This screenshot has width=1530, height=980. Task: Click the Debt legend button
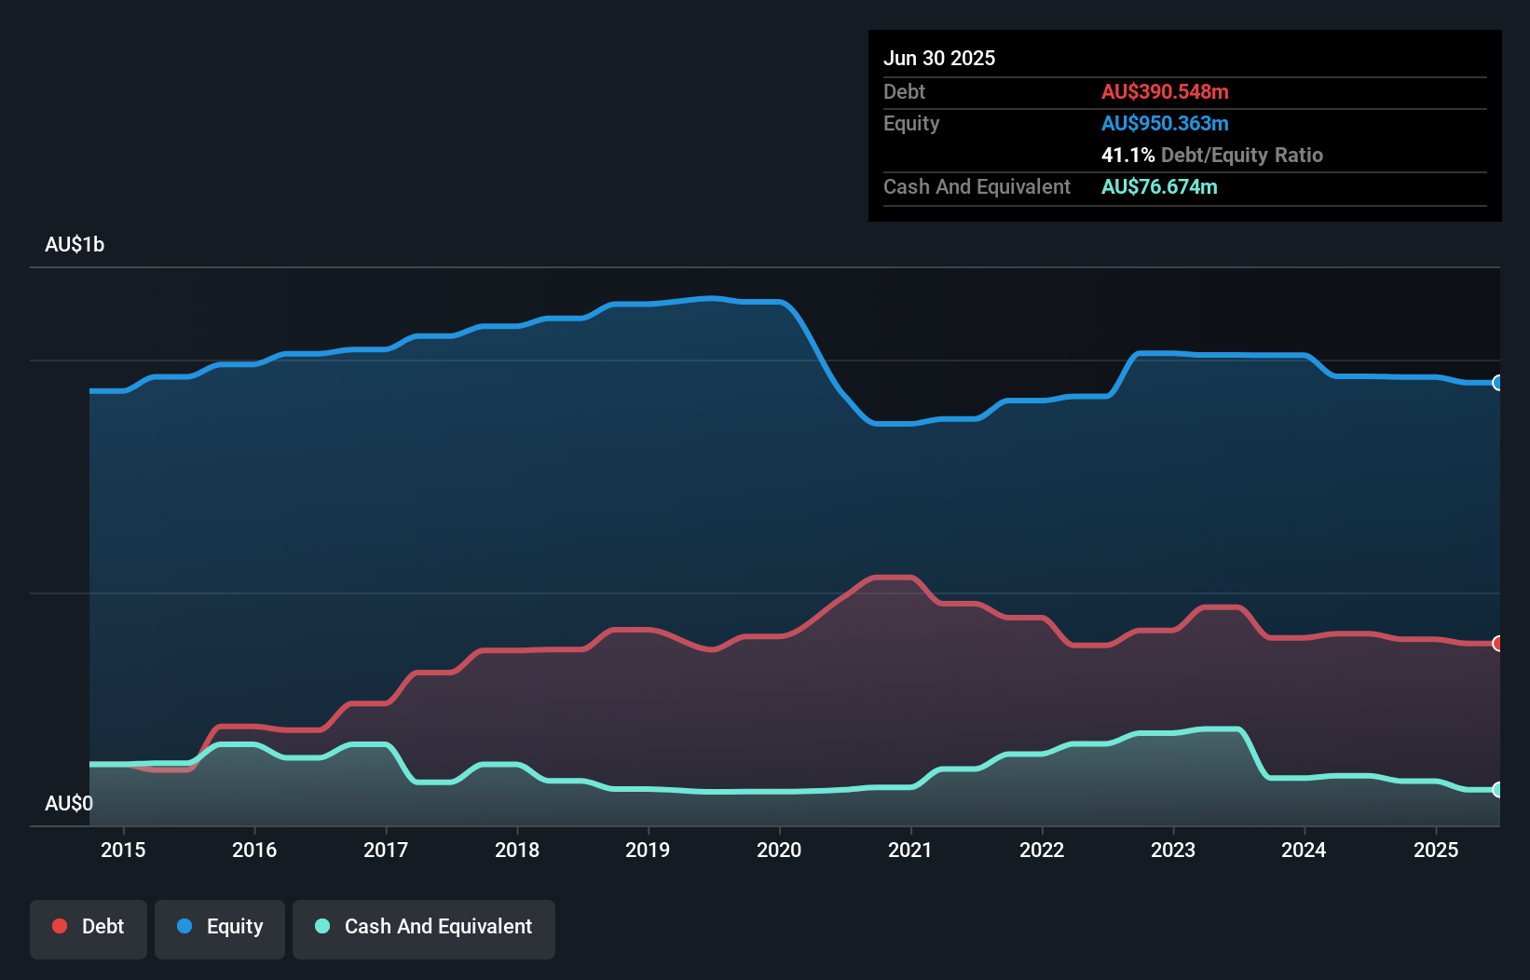coord(89,928)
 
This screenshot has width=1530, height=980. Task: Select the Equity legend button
coord(220,928)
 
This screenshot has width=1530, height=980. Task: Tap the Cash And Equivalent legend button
coord(424,928)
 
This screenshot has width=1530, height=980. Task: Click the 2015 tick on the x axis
coord(123,850)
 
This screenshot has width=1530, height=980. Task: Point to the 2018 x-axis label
coord(517,850)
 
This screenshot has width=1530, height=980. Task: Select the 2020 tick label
coord(779,850)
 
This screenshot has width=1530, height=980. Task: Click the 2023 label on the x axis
coord(1173,850)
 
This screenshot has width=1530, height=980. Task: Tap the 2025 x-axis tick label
coord(1436,850)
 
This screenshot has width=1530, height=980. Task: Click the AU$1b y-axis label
coord(75,245)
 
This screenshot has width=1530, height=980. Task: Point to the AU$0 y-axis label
coord(69,803)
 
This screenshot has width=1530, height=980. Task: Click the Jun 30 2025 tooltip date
coord(939,58)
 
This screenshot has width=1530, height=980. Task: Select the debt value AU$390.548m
coord(1165,91)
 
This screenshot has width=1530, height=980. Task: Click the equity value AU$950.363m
coord(1165,123)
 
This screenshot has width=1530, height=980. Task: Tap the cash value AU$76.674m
coord(1159,186)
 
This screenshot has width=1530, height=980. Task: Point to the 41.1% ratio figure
coord(1127,155)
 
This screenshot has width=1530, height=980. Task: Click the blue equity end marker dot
coord(1497,383)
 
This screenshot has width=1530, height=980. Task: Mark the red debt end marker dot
coord(1497,644)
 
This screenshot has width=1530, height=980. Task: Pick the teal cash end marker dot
coord(1497,790)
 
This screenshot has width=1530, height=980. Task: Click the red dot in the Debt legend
coord(60,926)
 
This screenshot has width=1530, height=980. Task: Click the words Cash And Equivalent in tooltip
coord(977,186)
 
